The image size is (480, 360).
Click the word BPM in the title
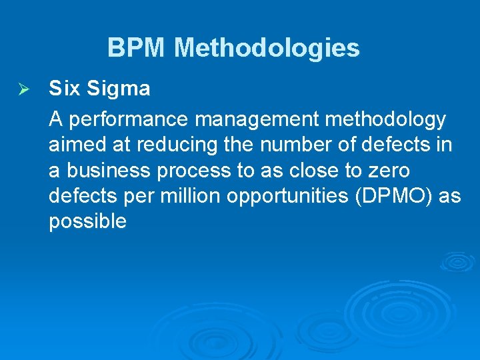click(137, 48)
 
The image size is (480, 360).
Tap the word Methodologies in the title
click(267, 48)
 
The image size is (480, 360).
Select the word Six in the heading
click(64, 88)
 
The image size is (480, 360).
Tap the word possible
click(87, 221)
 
